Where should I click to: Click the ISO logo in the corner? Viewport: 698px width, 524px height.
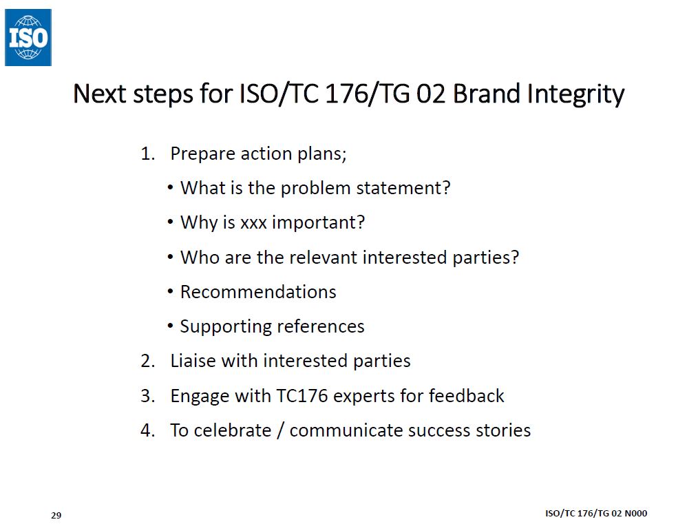(28, 37)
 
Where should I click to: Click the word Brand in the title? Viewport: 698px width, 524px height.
(486, 94)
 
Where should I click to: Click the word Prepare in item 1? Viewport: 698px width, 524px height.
(202, 154)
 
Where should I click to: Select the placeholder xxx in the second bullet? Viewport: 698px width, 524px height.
(254, 223)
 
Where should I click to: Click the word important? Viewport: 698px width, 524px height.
(318, 222)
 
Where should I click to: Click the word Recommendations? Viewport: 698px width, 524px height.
(258, 292)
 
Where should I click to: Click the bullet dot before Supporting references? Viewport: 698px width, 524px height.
(171, 326)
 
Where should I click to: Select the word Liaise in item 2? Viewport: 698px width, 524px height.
(193, 361)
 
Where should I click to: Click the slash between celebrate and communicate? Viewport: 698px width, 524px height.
(280, 430)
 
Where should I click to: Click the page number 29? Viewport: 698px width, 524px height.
(56, 516)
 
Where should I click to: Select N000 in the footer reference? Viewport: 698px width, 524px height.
(635, 513)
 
